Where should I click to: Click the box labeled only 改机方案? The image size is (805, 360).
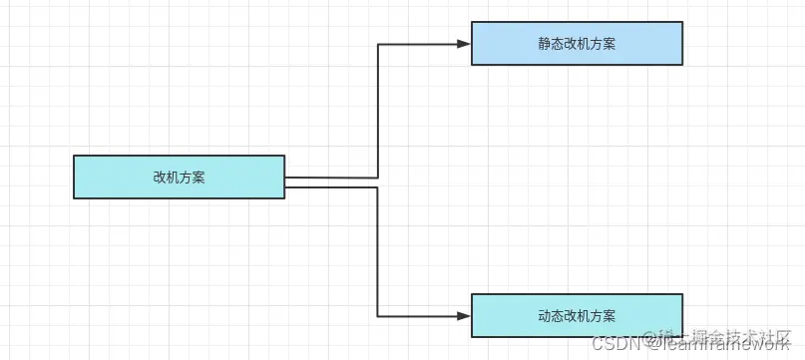point(180,177)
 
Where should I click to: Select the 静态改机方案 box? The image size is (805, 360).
point(577,44)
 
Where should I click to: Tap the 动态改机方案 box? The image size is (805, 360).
point(577,315)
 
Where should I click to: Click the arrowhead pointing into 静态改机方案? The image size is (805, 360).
point(464,44)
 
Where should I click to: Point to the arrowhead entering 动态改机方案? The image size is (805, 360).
point(464,315)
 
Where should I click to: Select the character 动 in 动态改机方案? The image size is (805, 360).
point(544,316)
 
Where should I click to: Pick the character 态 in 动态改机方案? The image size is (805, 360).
point(557,316)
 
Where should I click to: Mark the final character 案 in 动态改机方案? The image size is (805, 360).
point(609,316)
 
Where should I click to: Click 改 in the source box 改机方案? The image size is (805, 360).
point(160,178)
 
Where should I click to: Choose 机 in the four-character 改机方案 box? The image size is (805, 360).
point(173,178)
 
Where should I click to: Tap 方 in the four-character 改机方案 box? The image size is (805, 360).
point(186,178)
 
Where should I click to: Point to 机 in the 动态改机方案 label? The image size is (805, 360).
point(583,316)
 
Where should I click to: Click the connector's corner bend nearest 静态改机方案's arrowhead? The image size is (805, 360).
point(378,44)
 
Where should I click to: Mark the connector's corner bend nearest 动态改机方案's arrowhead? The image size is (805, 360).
point(378,315)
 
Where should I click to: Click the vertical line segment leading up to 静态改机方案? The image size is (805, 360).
point(378,110)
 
